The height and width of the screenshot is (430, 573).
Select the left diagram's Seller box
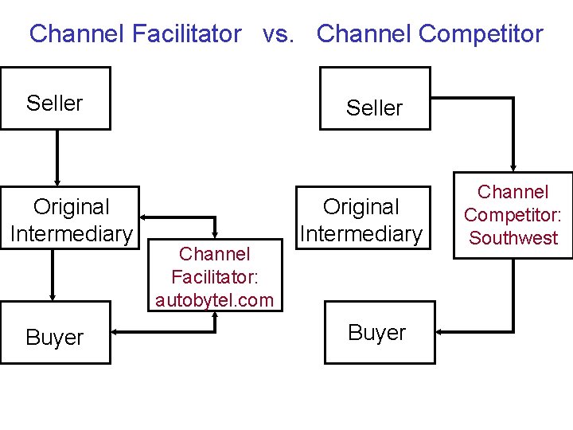click(x=55, y=98)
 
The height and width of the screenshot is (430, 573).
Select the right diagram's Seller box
click(x=375, y=98)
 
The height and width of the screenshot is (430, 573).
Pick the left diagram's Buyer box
click(x=55, y=333)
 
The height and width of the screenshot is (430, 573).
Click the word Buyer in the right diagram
click(x=377, y=333)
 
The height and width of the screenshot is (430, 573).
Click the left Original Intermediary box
click(x=71, y=218)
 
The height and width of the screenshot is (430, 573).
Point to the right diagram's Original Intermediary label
click(x=361, y=220)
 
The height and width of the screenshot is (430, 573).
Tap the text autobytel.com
click(x=214, y=300)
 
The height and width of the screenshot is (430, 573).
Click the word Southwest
click(x=513, y=237)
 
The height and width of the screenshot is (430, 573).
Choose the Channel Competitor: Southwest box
click(x=513, y=215)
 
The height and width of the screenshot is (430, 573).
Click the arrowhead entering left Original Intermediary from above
click(x=57, y=181)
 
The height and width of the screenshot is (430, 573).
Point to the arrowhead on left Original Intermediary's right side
click(x=145, y=217)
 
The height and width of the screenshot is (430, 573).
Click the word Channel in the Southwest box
click(x=513, y=192)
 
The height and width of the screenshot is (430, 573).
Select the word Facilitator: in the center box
click(x=214, y=277)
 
